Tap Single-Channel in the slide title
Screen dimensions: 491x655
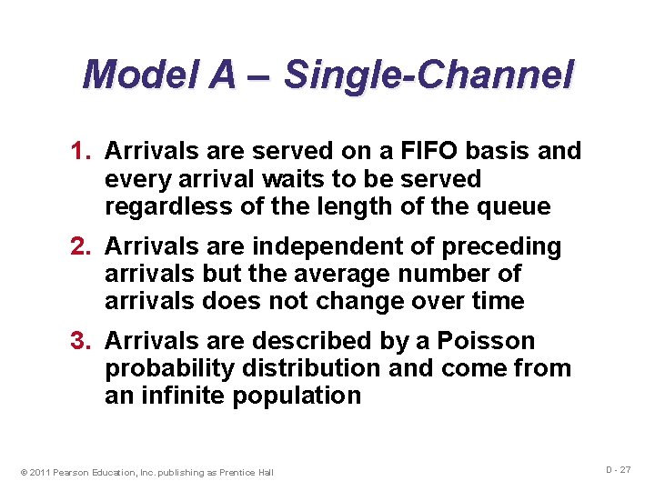428,75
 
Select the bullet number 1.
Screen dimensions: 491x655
81,151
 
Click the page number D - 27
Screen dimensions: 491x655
619,469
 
